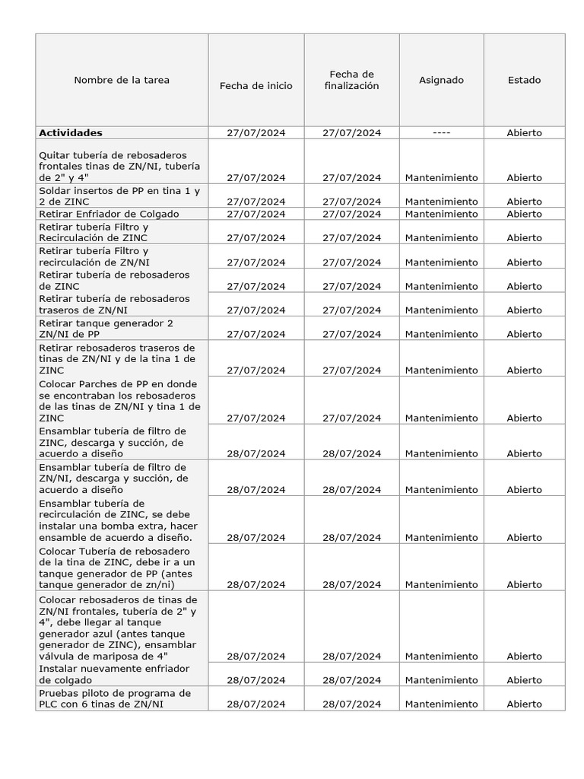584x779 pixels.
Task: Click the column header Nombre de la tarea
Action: [122, 80]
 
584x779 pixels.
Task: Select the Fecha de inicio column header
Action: [255, 86]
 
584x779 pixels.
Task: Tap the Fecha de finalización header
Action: [351, 80]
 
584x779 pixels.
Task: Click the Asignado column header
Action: [441, 80]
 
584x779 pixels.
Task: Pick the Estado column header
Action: [524, 80]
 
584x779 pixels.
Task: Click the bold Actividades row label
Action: [71, 132]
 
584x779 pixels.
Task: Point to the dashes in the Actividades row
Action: [441, 132]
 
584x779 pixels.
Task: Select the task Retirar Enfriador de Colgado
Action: [109, 214]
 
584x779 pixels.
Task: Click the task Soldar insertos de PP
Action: [119, 196]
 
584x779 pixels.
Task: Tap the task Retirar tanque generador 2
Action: [106, 329]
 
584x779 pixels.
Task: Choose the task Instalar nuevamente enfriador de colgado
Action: [114, 674]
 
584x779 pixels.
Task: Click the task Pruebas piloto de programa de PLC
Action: [114, 698]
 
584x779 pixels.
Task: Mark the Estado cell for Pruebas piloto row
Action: [524, 704]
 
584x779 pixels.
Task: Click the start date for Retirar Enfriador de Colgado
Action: [255, 214]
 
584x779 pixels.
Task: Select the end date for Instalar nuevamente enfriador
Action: [351, 680]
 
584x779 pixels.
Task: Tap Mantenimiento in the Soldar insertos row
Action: [441, 202]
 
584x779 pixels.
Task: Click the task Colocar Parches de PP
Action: [119, 401]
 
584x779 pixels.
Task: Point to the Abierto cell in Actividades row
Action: [524, 132]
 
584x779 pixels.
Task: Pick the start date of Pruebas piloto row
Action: [255, 704]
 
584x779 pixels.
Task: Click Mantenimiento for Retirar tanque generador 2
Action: [441, 334]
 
